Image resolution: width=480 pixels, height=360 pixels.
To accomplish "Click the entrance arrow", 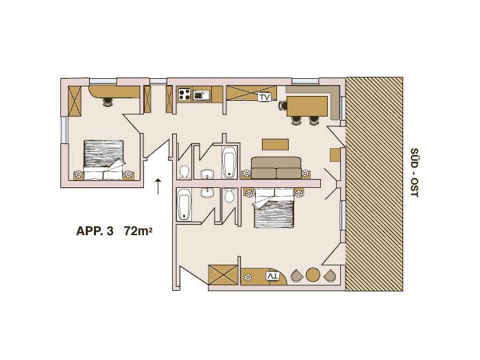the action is pyautogui.click(x=158, y=186).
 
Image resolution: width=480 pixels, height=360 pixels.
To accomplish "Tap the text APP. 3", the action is pyautogui.click(x=95, y=231).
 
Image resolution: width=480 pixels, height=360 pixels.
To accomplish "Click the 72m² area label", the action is pyautogui.click(x=138, y=230).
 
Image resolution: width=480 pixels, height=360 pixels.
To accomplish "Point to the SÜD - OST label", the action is pyautogui.click(x=414, y=173).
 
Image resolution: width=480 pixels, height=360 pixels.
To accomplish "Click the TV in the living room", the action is pyautogui.click(x=265, y=97).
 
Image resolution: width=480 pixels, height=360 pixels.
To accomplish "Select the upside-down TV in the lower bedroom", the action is pyautogui.click(x=273, y=276).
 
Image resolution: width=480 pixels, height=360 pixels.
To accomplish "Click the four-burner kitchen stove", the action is pyautogui.click(x=185, y=94).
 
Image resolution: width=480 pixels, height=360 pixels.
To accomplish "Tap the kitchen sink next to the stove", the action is pyautogui.click(x=202, y=95).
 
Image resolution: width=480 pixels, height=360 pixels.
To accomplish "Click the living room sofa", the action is pyautogui.click(x=276, y=168).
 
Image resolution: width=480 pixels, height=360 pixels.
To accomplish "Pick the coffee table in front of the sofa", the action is pyautogui.click(x=275, y=145).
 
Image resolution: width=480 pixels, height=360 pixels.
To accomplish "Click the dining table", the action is pyautogui.click(x=307, y=106).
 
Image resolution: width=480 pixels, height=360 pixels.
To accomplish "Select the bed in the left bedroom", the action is pyautogui.click(x=104, y=160).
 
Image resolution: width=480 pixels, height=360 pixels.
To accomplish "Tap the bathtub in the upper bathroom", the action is pyautogui.click(x=230, y=163).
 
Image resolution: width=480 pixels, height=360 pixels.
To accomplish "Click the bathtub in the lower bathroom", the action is pyautogui.click(x=184, y=204).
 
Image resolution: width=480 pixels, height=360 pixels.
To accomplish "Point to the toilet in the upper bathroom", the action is pyautogui.click(x=184, y=172).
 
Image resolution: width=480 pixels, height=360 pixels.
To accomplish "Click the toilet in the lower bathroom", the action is pyautogui.click(x=229, y=195).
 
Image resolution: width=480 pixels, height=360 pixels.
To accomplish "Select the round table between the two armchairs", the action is pyautogui.click(x=313, y=274).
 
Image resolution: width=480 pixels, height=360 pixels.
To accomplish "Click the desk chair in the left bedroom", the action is pyautogui.click(x=108, y=102).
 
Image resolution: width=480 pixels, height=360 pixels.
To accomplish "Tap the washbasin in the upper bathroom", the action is pyautogui.click(x=207, y=174).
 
